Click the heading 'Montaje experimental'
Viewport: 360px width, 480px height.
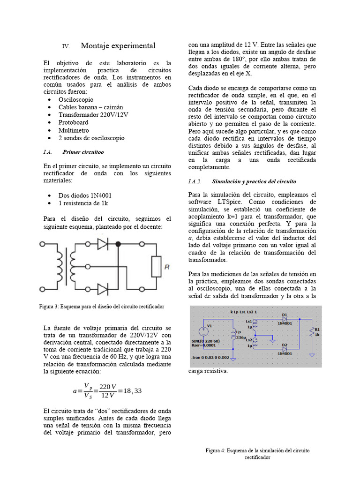118,46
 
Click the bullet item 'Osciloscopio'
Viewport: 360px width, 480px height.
75,99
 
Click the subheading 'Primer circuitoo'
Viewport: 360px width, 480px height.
83,152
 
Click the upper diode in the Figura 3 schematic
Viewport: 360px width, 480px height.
103,244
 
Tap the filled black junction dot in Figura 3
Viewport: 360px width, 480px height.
118,244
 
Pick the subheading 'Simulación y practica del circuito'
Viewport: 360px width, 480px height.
254,181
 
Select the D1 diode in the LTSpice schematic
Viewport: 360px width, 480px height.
285,319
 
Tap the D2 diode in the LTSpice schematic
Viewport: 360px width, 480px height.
285,350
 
